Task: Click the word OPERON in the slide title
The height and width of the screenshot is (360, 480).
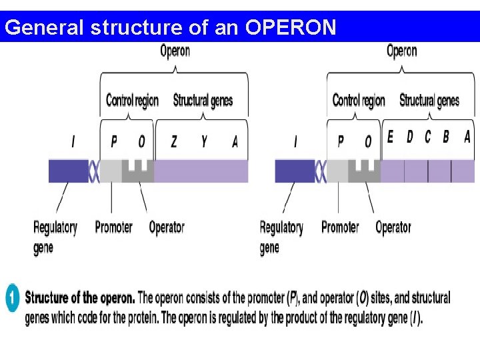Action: click(291, 28)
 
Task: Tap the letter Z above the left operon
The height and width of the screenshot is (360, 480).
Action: click(174, 141)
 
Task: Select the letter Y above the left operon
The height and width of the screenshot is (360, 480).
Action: click(204, 141)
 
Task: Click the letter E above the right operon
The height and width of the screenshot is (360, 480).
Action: click(390, 137)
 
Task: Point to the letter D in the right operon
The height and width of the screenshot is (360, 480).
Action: click(409, 137)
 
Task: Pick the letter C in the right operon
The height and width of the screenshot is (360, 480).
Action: click(427, 137)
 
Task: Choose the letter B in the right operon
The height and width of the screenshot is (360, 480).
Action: click(446, 137)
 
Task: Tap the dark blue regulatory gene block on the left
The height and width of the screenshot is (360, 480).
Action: click(68, 171)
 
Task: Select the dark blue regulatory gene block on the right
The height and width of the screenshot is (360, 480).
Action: click(295, 171)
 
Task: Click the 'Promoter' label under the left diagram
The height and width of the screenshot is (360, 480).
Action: click(113, 227)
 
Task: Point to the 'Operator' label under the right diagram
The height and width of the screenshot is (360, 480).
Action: click(393, 227)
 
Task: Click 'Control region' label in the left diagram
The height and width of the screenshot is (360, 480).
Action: click(132, 101)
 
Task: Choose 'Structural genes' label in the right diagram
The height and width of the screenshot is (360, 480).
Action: click(429, 101)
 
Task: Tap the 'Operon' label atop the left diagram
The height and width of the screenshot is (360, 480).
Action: click(175, 51)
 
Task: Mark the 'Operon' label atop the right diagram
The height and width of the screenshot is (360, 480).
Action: click(402, 51)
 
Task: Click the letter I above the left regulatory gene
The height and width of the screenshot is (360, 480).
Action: click(73, 141)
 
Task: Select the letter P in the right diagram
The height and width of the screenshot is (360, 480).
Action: click(341, 141)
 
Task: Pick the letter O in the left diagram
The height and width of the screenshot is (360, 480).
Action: click(141, 141)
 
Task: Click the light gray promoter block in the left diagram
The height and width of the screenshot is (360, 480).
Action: click(111, 171)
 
